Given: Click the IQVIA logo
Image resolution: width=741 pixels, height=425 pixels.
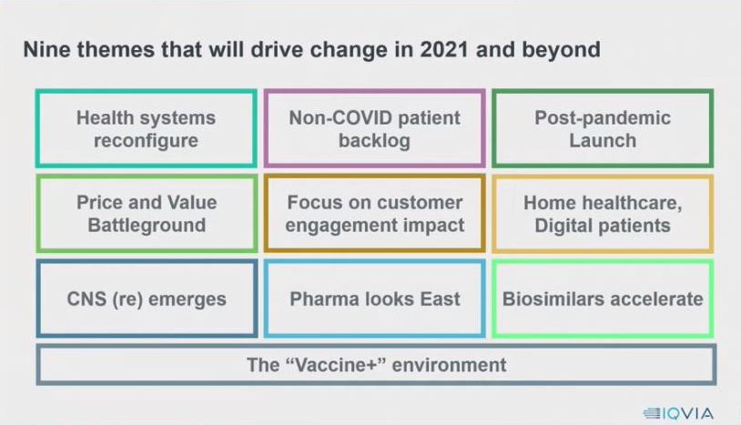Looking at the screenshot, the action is click(x=678, y=414).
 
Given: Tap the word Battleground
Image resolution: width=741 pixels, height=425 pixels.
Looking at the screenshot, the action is click(x=147, y=226).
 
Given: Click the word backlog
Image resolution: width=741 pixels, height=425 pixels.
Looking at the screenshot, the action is click(x=374, y=141).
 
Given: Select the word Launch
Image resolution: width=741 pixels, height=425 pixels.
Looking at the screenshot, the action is click(x=603, y=141).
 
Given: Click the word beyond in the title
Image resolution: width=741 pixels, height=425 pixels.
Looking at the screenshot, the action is click(x=562, y=50).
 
